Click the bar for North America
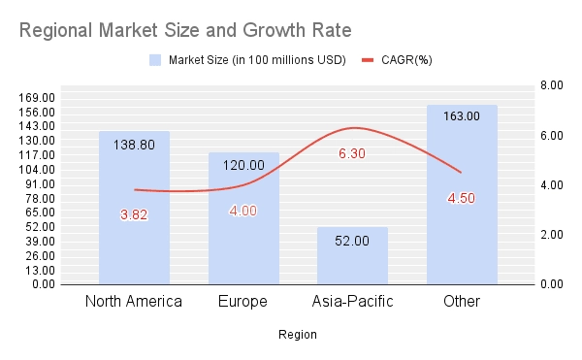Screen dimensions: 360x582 coord(134,243)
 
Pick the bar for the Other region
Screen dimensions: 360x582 coord(462,243)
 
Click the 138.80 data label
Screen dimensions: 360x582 coord(134,143)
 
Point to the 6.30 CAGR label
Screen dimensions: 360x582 coord(352,153)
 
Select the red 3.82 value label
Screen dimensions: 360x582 coord(134,215)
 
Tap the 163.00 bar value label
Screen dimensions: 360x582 coord(462,116)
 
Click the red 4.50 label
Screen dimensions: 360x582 coord(462,199)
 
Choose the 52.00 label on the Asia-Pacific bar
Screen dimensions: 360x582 coord(352,240)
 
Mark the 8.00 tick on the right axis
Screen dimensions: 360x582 coord(551,85)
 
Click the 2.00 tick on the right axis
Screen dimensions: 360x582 coord(551,235)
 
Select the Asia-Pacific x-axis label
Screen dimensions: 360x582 coord(352,301)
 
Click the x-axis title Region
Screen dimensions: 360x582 coord(297,335)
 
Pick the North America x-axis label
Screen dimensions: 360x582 coord(134,301)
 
